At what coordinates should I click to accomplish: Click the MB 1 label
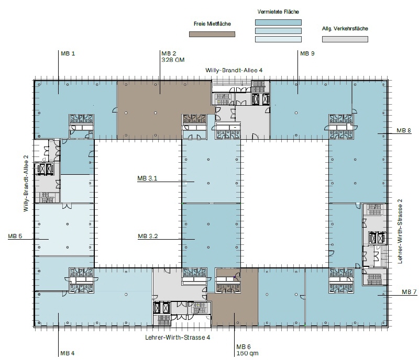click(x=68, y=53)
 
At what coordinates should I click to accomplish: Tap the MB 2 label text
click(x=169, y=53)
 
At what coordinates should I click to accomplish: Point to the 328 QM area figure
click(x=173, y=60)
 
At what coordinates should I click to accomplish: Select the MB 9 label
click(x=307, y=53)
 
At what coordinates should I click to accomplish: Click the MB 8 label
click(x=404, y=130)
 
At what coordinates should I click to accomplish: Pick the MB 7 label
click(x=409, y=292)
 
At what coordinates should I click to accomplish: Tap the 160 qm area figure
click(x=247, y=353)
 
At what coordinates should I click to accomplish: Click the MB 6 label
click(x=244, y=346)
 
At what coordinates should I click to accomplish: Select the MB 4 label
click(x=68, y=353)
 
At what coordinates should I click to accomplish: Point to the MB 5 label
click(x=15, y=236)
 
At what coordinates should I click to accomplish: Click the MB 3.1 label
click(x=147, y=178)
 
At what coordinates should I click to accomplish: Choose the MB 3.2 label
click(x=148, y=236)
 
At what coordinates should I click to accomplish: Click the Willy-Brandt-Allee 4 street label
click(x=234, y=70)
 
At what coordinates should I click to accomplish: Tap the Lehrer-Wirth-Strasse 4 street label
click(x=178, y=337)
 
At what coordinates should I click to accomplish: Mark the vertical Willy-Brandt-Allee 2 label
click(x=26, y=183)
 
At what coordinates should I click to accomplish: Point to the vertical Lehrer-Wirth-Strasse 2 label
click(x=400, y=231)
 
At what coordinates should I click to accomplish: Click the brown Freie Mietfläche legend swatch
click(x=212, y=34)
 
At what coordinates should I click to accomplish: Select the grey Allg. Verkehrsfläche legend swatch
click(x=345, y=39)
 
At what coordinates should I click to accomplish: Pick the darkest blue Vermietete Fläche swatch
click(x=278, y=22)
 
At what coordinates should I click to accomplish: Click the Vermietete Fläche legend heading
click(x=278, y=12)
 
